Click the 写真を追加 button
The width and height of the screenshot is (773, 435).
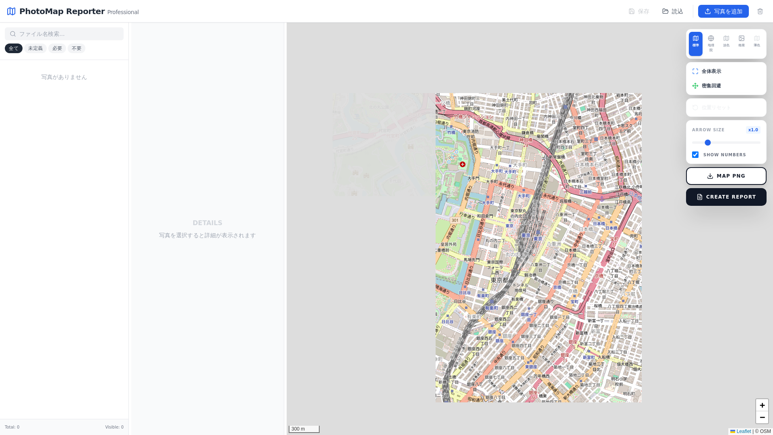(723, 11)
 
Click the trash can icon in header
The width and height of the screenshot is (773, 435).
(760, 11)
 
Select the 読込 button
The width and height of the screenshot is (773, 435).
(673, 11)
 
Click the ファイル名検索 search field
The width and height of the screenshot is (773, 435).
(64, 34)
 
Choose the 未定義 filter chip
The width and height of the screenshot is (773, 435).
(35, 48)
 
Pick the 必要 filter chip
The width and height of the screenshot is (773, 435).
(57, 48)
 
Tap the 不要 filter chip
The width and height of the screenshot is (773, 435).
(76, 48)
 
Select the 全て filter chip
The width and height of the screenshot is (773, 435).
(14, 48)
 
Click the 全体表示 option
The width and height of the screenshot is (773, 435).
(711, 71)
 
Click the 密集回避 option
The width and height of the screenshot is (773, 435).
(711, 86)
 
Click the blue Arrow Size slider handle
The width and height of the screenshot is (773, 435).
(708, 143)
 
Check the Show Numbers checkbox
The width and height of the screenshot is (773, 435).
(695, 155)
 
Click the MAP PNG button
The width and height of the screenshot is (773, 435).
(726, 176)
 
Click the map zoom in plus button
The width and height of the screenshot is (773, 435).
(762, 405)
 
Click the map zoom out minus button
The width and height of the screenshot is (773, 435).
(762, 417)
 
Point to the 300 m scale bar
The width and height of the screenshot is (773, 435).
(304, 429)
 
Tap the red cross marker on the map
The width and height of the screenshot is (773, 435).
(463, 164)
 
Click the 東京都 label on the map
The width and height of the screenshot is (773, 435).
(500, 280)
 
